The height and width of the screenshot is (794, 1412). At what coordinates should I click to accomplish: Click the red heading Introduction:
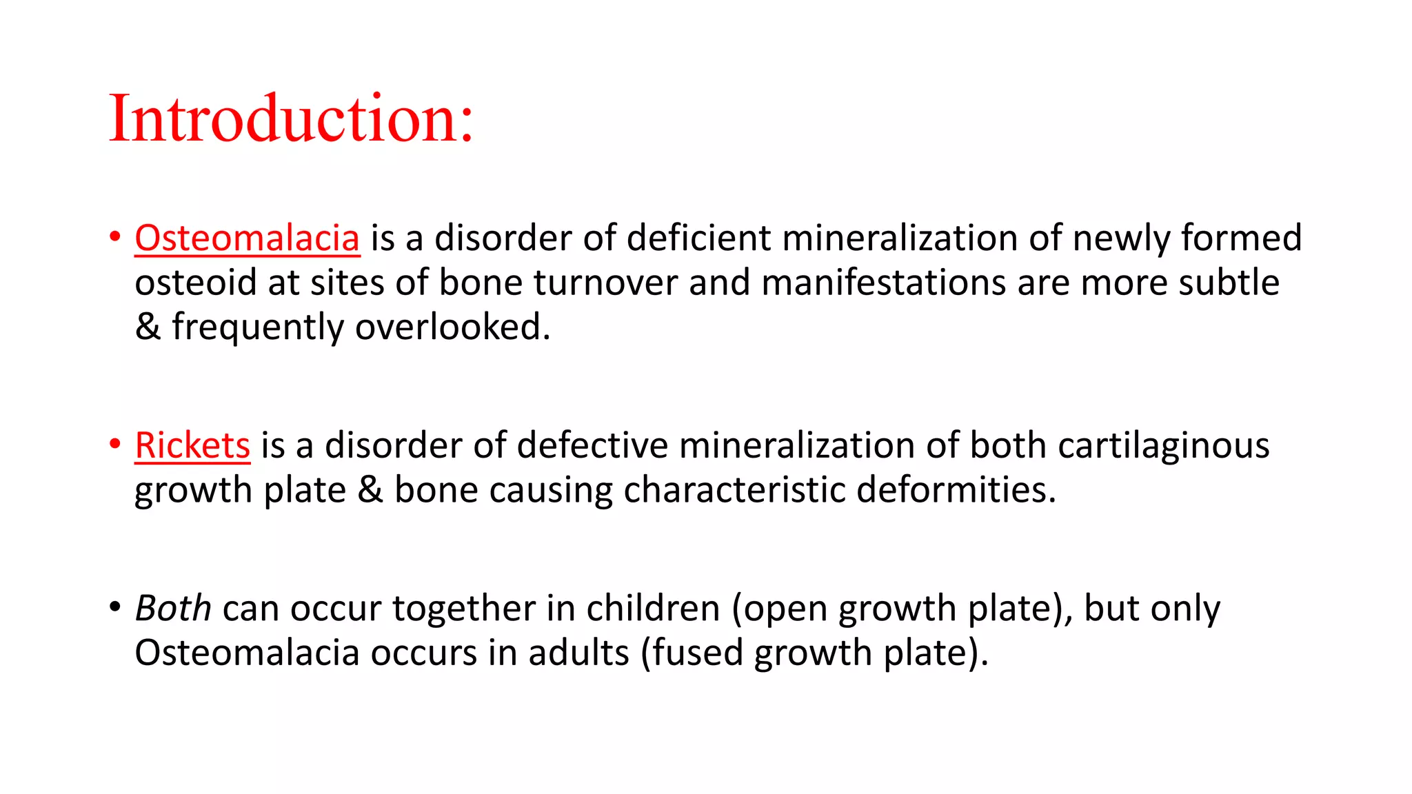point(291,119)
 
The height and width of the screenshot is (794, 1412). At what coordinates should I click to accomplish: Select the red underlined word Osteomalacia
point(247,238)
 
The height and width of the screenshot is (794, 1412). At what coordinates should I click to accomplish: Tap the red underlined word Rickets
point(192,445)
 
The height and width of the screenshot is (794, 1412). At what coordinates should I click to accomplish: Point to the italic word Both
point(173,609)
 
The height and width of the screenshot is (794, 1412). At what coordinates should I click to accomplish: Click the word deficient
point(698,238)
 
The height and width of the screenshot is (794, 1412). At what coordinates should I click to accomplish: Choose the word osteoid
point(196,283)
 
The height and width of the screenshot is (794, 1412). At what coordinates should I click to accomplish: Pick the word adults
point(578,653)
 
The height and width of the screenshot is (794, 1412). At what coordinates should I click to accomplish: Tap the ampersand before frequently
point(148,327)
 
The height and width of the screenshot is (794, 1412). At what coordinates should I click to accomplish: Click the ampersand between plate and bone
point(370,490)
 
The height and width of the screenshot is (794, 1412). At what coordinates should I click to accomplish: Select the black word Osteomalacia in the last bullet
point(247,653)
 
